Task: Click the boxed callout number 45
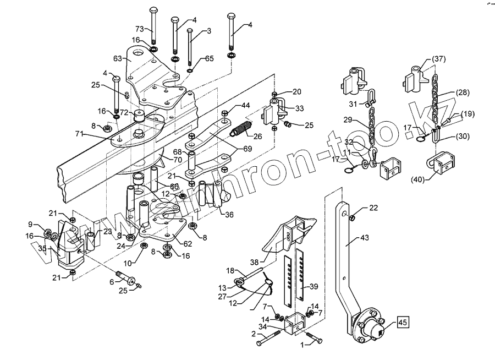[403, 323]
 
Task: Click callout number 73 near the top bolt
[139, 28]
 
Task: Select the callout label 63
[117, 58]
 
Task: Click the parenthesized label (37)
[438, 59]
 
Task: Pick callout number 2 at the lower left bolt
[254, 334]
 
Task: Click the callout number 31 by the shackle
[353, 103]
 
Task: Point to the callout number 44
[245, 105]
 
